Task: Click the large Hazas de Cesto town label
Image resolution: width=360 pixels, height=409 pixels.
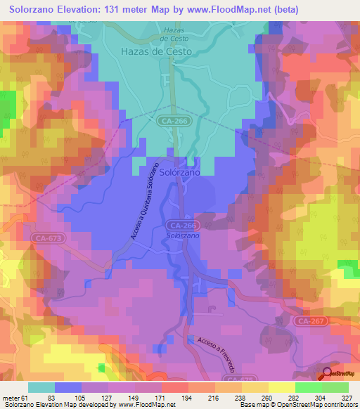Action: click(156, 51)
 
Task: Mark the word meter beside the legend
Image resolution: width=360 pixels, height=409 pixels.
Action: click(10, 398)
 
